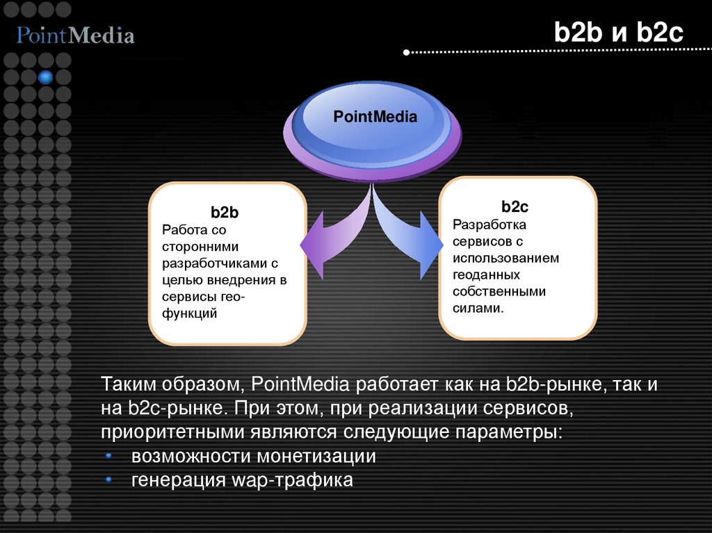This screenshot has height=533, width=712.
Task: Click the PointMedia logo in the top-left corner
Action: click(76, 35)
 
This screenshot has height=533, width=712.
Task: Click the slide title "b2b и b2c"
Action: click(619, 33)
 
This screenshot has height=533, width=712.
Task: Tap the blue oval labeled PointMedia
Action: click(375, 117)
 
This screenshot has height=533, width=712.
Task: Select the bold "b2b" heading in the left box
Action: click(225, 213)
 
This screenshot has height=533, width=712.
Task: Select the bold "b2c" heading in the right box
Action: click(515, 207)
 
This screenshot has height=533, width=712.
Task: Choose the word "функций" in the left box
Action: click(190, 314)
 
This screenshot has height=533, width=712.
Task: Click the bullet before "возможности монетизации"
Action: click(109, 457)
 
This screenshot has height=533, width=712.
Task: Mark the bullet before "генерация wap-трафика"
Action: click(109, 479)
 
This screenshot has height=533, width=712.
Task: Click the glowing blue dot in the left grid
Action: click(46, 77)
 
